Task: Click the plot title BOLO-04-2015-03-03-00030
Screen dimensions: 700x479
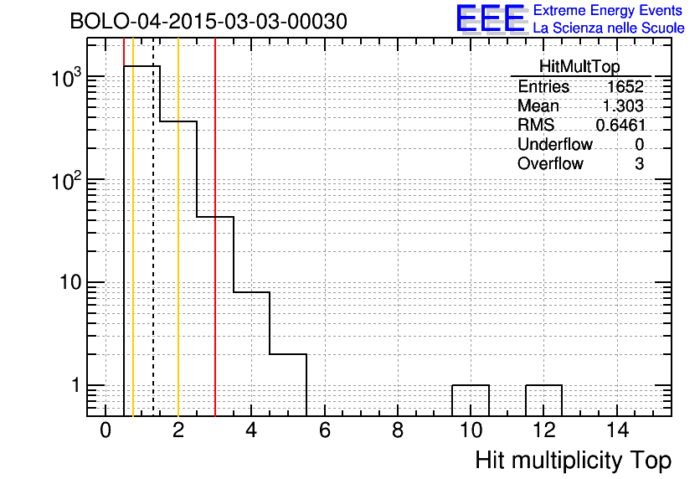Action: coord(208,22)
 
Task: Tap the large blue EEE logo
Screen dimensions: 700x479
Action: coord(491,18)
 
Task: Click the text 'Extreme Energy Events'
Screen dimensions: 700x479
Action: coord(608,10)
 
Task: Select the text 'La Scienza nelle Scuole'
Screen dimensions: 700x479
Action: coord(609,28)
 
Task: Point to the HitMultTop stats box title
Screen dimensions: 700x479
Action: coord(579,66)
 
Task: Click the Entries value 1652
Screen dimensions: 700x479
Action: coord(625,86)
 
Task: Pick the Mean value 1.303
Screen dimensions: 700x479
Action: coord(623,106)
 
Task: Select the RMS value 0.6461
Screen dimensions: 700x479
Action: coord(620,125)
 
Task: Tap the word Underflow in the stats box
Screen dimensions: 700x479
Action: coord(555,144)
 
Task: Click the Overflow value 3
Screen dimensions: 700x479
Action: coord(639,164)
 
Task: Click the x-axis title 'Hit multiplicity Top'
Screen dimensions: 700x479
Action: coord(574,461)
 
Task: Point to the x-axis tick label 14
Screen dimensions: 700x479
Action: coord(618,431)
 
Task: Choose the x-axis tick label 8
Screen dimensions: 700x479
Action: coord(398,431)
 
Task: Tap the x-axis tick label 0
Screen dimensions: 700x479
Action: coord(106,431)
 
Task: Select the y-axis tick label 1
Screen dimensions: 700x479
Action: coord(76,385)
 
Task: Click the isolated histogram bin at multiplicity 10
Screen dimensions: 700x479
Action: coord(471,385)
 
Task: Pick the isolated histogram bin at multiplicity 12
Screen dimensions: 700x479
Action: coord(543,385)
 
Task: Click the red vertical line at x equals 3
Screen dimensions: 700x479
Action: coord(215,227)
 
